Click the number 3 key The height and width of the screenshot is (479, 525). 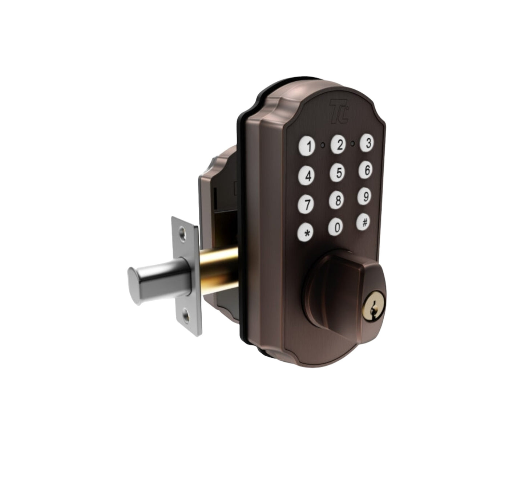click(x=368, y=143)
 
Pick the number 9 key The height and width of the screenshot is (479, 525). click(x=366, y=196)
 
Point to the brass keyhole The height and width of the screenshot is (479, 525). click(x=375, y=306)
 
